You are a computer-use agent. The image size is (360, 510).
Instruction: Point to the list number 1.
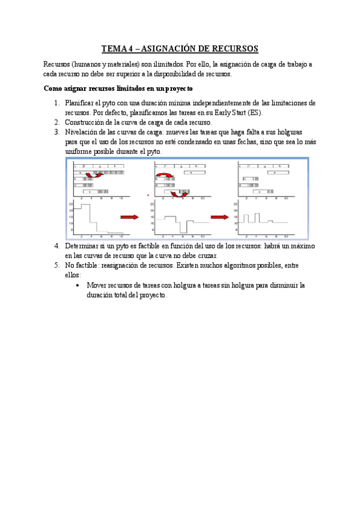click(56, 103)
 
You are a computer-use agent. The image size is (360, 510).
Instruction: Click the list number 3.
click(56, 132)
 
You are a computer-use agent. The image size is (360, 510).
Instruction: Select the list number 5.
click(56, 265)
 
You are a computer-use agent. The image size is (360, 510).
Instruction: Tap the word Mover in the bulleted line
click(96, 285)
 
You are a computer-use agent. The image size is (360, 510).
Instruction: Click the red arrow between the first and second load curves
click(129, 217)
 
